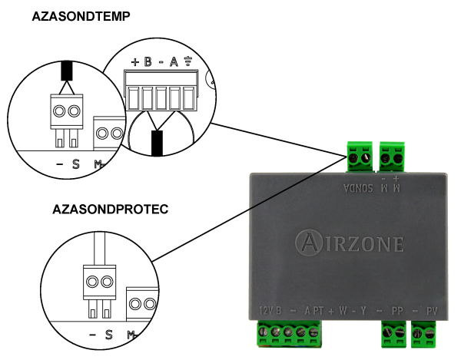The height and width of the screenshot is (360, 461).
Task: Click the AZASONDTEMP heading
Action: [81, 15]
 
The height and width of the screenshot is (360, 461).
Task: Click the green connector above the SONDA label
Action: [358, 157]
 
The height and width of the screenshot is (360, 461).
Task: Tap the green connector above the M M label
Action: [392, 157]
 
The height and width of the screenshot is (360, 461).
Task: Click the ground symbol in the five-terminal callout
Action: [185, 62]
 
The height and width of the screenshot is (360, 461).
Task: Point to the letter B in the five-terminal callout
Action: [148, 62]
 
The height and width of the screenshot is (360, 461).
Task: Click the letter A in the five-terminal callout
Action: [174, 62]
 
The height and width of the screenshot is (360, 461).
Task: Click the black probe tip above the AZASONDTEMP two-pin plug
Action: [67, 71]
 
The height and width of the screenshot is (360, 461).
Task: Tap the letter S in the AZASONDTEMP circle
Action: [75, 163]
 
